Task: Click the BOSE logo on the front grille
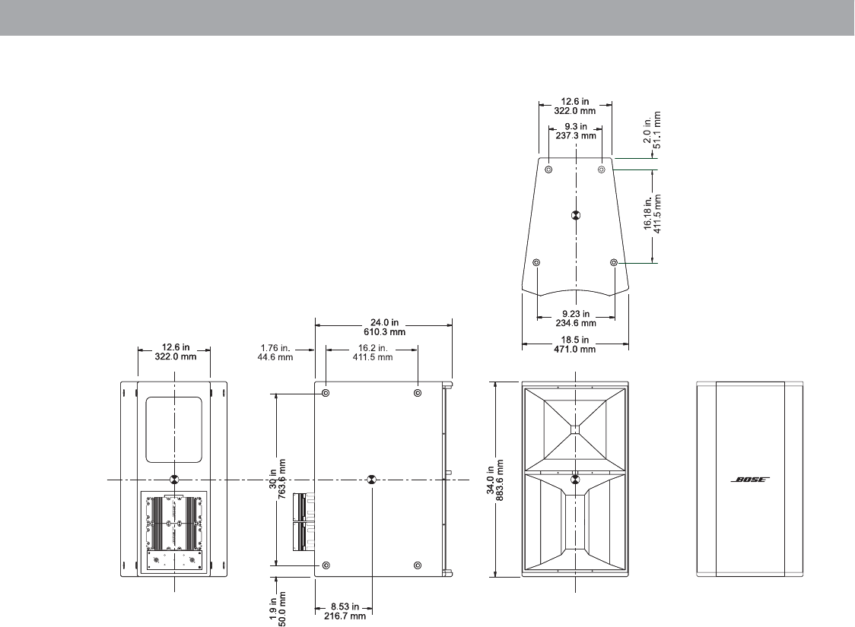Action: (750, 480)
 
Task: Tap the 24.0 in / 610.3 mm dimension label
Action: (384, 328)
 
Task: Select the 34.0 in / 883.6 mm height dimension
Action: (495, 479)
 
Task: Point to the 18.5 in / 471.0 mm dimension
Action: (575, 344)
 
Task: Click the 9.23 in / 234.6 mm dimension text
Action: (576, 318)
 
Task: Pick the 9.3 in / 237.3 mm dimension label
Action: (576, 131)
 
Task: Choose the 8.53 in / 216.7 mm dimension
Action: (345, 611)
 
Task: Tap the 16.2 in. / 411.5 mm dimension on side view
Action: (373, 353)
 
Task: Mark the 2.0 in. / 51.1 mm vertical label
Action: (652, 130)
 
